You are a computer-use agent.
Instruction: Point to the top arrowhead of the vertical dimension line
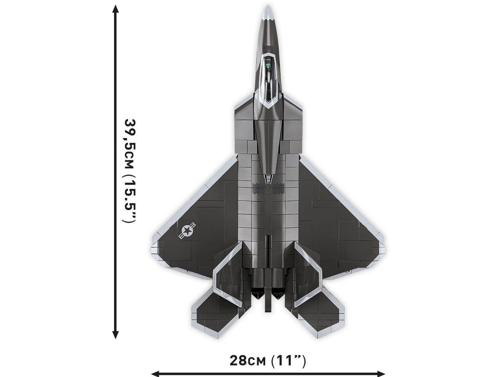pyautogui.click(x=115, y=9)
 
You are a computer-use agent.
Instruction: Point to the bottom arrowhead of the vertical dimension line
pyautogui.click(x=115, y=334)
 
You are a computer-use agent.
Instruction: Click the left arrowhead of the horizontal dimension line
pyautogui.click(x=155, y=373)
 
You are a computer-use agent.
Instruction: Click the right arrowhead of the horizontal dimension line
pyautogui.click(x=381, y=373)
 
